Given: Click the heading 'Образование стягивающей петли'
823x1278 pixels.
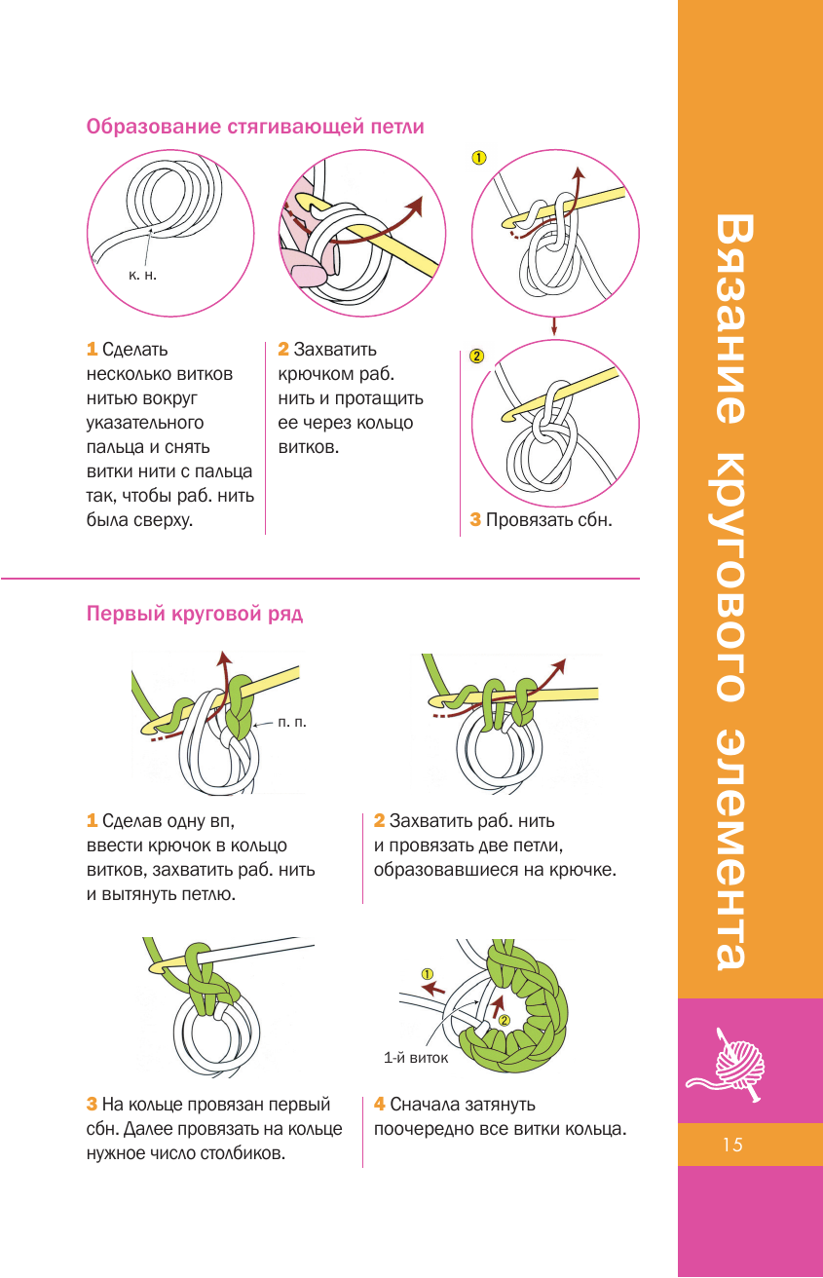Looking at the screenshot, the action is point(255,128).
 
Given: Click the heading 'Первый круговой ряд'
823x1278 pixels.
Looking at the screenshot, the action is point(195,614).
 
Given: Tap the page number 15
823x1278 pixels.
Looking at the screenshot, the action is point(732,1145).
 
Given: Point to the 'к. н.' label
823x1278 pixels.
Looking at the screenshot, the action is point(142,276).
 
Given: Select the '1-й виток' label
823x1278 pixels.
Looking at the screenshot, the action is point(416,1056).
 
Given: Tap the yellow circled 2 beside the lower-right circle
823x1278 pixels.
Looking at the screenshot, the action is point(476,356).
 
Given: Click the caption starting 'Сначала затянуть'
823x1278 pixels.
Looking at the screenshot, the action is point(499,1117).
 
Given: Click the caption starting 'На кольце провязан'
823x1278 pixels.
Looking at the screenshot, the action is point(214,1129).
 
